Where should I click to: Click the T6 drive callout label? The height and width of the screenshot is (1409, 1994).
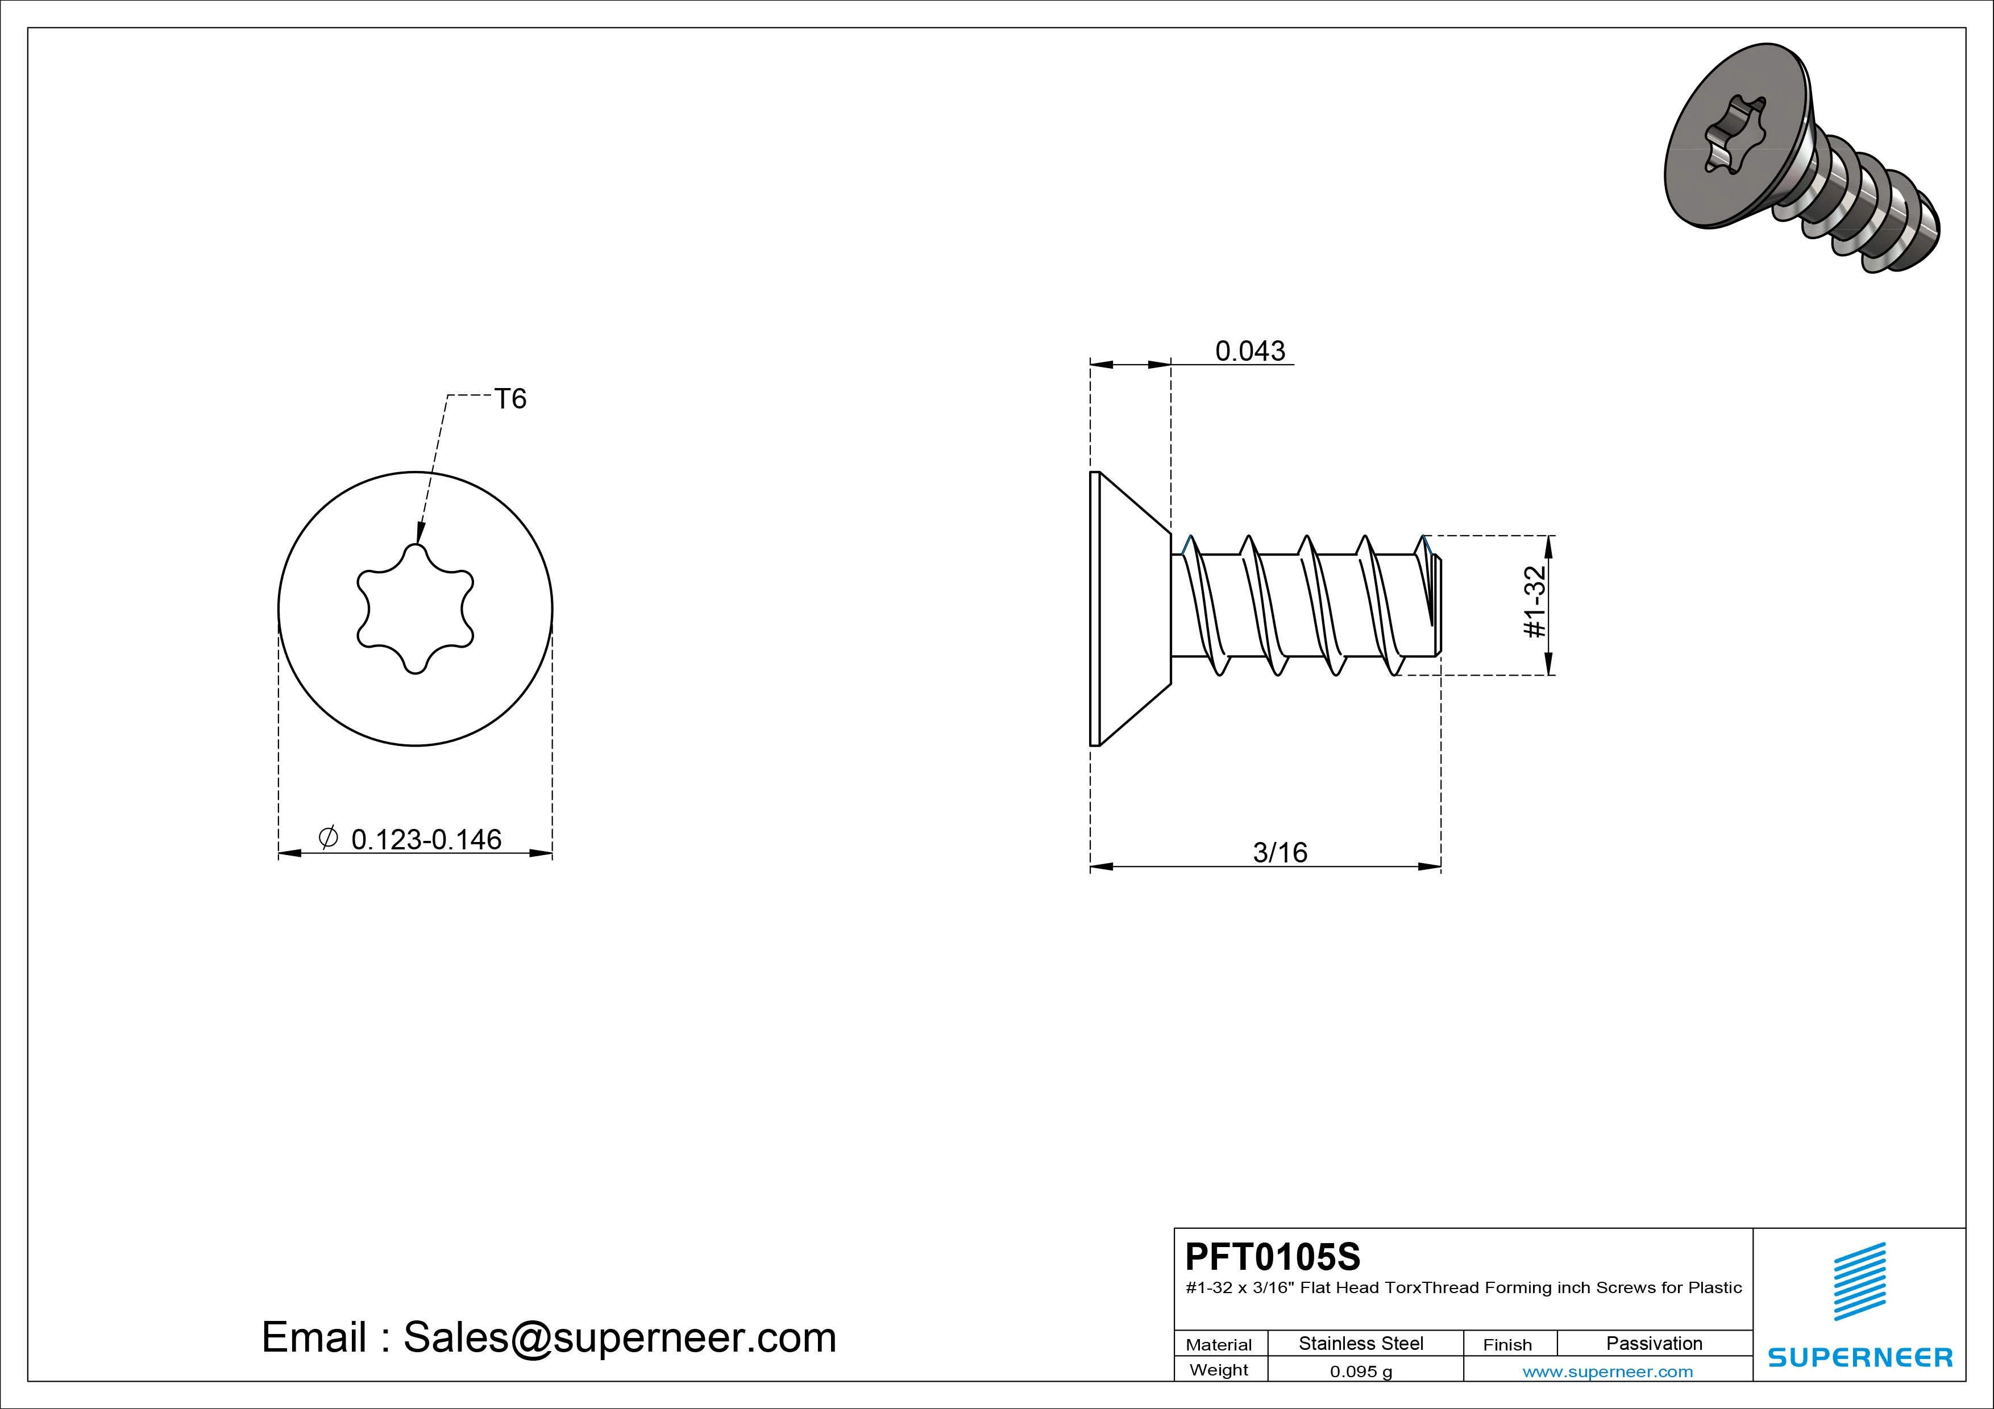point(510,398)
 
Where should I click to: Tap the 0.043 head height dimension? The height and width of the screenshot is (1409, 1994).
point(1250,351)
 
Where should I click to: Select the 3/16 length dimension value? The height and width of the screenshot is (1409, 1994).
point(1280,853)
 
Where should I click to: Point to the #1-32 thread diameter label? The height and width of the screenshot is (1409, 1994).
point(1535,602)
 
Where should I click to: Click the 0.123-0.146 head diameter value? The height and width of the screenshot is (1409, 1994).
point(426,840)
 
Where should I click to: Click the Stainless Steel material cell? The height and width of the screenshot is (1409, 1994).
point(1361,1343)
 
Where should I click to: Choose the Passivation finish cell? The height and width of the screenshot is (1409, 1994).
point(1655,1343)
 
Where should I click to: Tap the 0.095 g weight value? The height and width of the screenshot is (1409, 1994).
point(1361,1372)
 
